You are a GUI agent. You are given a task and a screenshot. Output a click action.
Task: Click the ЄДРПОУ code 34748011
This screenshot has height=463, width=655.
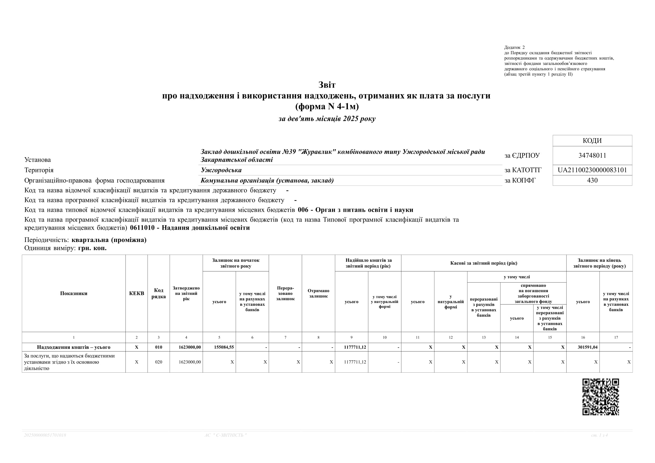pyautogui.click(x=592, y=155)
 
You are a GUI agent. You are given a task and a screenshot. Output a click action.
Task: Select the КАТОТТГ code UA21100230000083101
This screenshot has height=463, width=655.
pyautogui.click(x=592, y=170)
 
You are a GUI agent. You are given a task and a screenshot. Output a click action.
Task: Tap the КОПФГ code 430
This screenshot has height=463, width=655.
pyautogui.click(x=592, y=180)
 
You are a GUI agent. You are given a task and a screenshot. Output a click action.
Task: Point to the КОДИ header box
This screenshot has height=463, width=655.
pyautogui.click(x=592, y=140)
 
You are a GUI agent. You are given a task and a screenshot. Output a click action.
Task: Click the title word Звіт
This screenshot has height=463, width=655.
pyautogui.click(x=327, y=85)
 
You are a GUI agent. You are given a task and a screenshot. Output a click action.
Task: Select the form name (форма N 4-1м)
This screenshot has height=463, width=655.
pyautogui.click(x=327, y=106)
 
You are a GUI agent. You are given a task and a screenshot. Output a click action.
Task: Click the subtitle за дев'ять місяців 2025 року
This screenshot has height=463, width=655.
pyautogui.click(x=327, y=119)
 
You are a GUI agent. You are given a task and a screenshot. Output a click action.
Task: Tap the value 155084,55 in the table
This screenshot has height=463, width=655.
pyautogui.click(x=224, y=347)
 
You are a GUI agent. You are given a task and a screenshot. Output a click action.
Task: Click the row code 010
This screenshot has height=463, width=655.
pyautogui.click(x=159, y=347)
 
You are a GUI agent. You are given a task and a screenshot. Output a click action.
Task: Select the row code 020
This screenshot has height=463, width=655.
pyautogui.click(x=159, y=362)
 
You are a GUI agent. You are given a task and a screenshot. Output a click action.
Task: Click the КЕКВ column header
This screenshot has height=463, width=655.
pyautogui.click(x=136, y=293)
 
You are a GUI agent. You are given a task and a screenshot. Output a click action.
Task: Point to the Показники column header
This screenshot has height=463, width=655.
pyautogui.click(x=74, y=293)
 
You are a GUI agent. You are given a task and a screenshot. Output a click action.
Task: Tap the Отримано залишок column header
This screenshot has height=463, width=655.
pyautogui.click(x=318, y=293)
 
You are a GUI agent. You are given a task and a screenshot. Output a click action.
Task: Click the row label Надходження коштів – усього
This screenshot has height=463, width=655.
pyautogui.click(x=74, y=347)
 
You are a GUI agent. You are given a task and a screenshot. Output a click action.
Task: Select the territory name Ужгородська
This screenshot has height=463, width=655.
pyautogui.click(x=221, y=170)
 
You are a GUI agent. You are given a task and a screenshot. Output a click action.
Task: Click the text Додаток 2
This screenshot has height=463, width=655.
pyautogui.click(x=514, y=47)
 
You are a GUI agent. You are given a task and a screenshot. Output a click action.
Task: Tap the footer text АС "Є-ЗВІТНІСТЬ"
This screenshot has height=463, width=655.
pyautogui.click(x=225, y=435)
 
